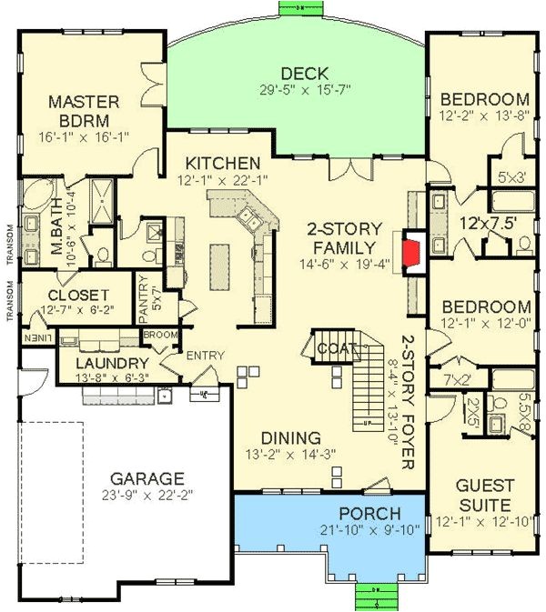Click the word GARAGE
[147, 477]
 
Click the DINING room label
[291, 437]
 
